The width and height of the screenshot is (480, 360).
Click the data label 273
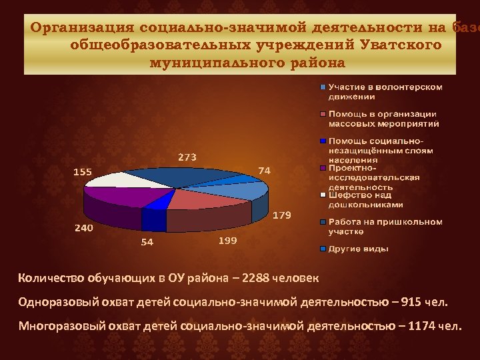click(x=187, y=157)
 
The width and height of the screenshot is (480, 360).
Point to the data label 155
click(x=82, y=171)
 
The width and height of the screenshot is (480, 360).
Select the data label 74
click(x=265, y=171)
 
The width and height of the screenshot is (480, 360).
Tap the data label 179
click(x=282, y=215)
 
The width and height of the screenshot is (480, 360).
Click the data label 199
click(x=228, y=241)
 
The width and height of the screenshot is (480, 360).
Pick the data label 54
click(x=147, y=242)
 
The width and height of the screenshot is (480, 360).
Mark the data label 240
click(x=83, y=228)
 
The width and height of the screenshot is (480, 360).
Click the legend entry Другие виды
click(x=358, y=249)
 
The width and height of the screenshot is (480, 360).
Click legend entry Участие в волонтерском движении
click(x=385, y=91)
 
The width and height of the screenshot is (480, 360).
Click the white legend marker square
click(x=323, y=195)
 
